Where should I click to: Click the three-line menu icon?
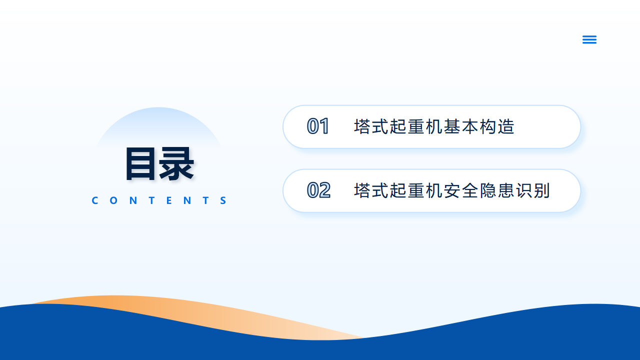tap(589, 39)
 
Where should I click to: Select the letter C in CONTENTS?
tap(95, 200)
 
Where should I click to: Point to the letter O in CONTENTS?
tap(113, 200)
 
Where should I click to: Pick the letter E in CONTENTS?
tap(169, 200)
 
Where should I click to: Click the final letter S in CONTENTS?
tap(223, 200)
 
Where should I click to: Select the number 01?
tap(318, 126)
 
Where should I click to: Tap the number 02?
tap(318, 190)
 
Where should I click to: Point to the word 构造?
tap(497, 126)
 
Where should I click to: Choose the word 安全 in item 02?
tap(461, 190)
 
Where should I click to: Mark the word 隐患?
tap(497, 190)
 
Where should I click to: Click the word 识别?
tap(533, 190)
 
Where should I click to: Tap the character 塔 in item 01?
tap(362, 126)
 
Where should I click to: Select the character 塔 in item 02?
tap(362, 190)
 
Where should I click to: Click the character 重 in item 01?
tap(416, 126)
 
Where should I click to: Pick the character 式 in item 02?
tap(380, 190)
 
